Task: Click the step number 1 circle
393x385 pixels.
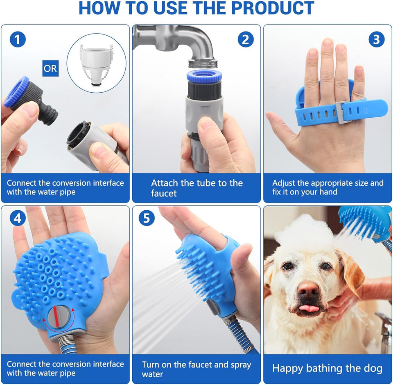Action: click(x=17, y=40)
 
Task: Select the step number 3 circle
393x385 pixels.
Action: click(x=376, y=40)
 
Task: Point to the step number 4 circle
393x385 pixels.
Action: click(x=17, y=219)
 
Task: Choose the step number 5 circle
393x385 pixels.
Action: click(x=147, y=219)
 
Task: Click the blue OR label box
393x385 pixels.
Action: click(x=50, y=68)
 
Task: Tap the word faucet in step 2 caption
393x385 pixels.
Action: click(x=164, y=194)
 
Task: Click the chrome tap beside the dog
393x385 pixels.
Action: click(x=385, y=328)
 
